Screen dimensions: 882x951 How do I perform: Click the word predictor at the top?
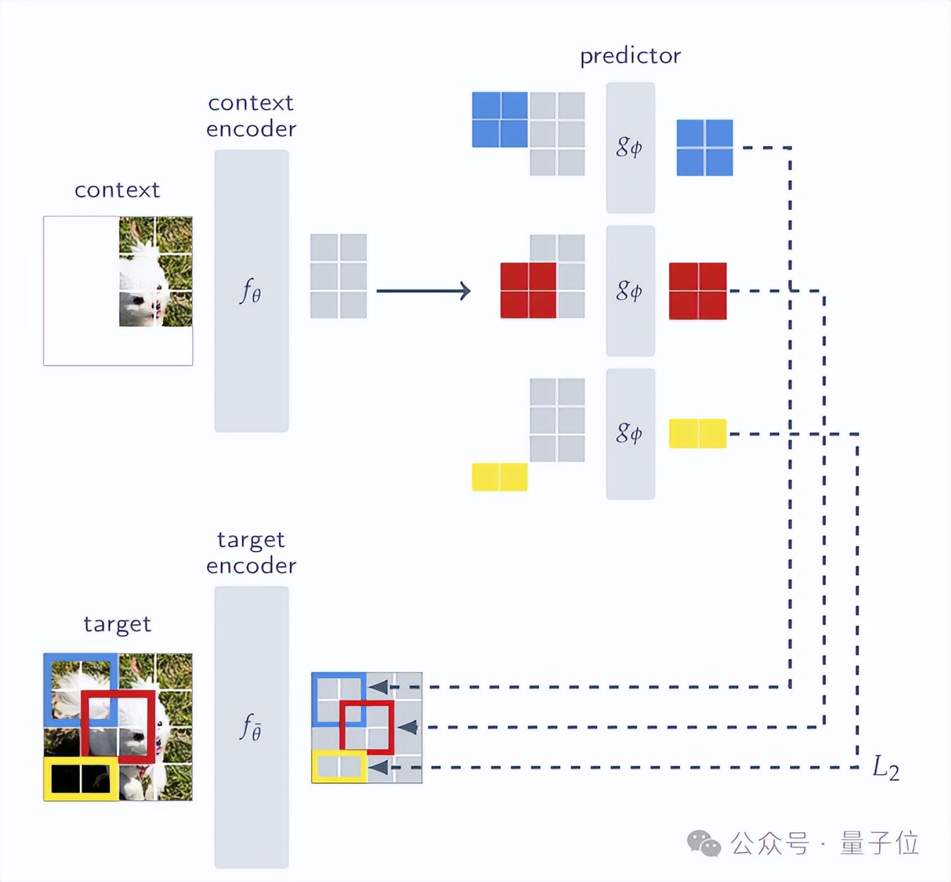click(630, 55)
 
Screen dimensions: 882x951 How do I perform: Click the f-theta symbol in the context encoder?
click(250, 291)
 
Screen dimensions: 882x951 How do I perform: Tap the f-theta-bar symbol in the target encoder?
click(251, 727)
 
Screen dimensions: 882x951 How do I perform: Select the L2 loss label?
click(885, 768)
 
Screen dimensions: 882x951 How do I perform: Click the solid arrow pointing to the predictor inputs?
click(423, 290)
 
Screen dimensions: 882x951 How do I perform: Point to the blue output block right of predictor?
click(704, 147)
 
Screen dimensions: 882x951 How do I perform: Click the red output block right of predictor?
click(697, 290)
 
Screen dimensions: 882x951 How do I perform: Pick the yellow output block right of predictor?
click(697, 433)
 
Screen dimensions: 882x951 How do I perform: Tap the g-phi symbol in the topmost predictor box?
click(629, 147)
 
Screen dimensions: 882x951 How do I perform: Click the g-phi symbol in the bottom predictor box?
click(629, 433)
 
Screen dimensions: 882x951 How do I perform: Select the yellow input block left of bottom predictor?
click(499, 477)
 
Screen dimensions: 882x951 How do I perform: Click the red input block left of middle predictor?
click(528, 290)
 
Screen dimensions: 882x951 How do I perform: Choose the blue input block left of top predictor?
click(499, 120)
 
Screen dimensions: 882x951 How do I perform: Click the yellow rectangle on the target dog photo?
click(81, 778)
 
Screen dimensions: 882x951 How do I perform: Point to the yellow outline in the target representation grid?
click(339, 767)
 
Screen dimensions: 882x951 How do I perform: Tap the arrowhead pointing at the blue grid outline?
click(378, 687)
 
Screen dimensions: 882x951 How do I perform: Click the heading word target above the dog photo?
click(117, 624)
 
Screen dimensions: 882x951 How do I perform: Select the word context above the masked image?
click(117, 189)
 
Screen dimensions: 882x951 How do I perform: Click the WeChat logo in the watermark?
click(703, 843)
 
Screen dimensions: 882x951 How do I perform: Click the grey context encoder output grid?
click(338, 276)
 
